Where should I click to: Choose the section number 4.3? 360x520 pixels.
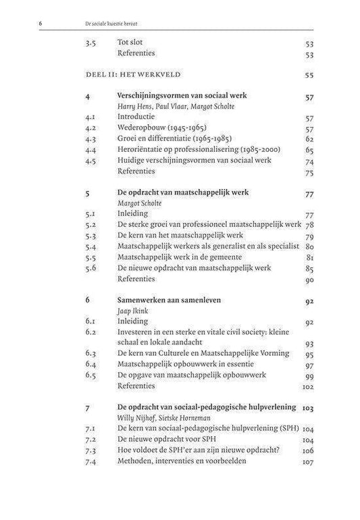click(92, 139)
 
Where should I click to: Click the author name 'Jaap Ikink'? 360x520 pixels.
click(132, 311)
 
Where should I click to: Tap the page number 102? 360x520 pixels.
click(308, 386)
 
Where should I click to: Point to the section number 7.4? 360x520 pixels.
click(92, 461)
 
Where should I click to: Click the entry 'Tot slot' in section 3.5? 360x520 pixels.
click(131, 42)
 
